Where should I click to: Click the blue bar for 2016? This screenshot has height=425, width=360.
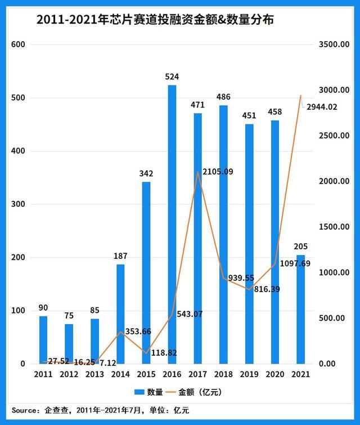coord(172,225)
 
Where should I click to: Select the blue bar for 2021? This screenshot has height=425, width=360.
coord(301,309)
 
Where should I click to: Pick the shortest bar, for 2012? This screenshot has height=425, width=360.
coord(69,343)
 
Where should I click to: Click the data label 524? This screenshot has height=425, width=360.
coord(172,75)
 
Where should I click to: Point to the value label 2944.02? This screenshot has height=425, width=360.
coord(322,106)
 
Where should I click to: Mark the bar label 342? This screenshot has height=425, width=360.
coord(146,173)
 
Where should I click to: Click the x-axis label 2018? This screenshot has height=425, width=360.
coord(223,374)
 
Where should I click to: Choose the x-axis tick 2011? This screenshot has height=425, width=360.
coord(43,374)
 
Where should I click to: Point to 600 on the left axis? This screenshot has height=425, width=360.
coord(19,44)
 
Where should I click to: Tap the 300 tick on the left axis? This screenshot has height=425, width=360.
coord(19,204)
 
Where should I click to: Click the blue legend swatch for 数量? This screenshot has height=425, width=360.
coord(139,392)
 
